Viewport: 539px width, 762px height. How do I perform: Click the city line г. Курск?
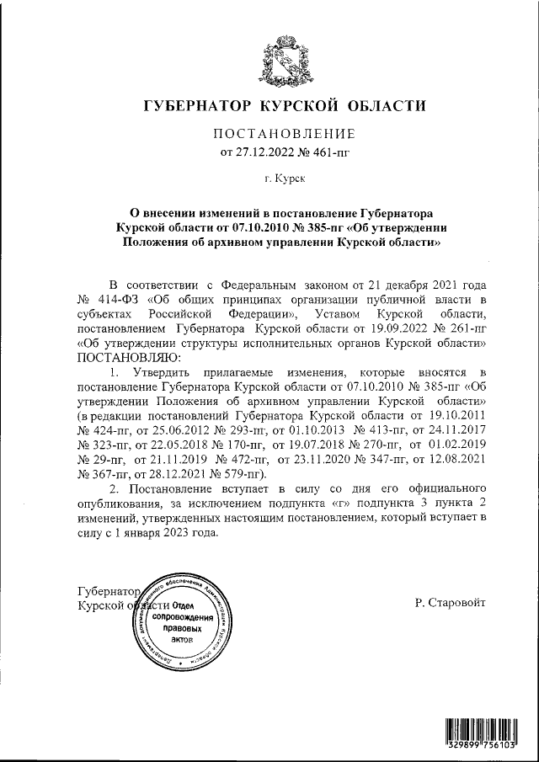(x=285, y=179)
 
